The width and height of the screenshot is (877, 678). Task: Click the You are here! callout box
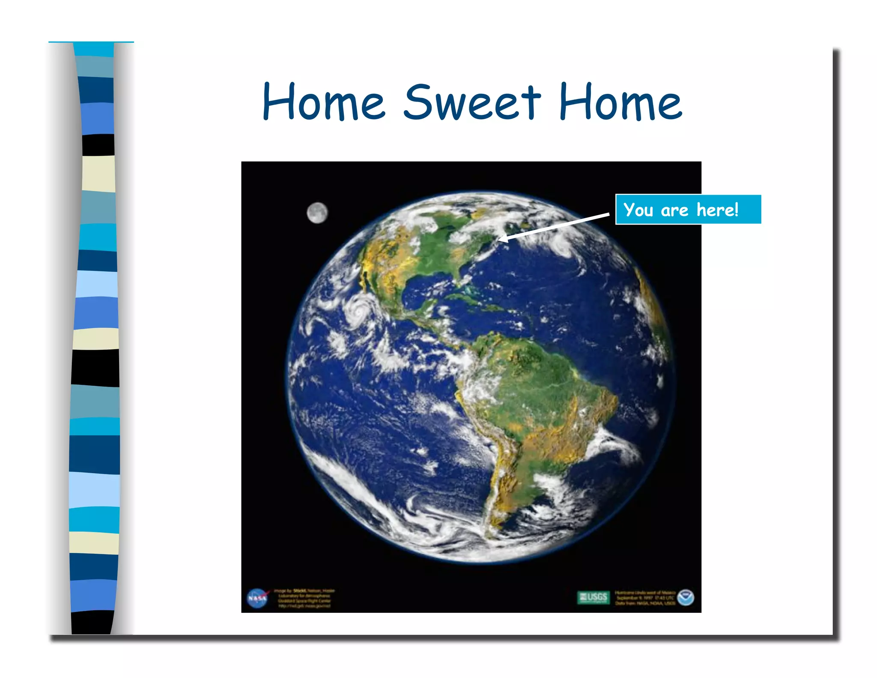(688, 209)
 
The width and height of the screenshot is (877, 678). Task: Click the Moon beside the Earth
(317, 213)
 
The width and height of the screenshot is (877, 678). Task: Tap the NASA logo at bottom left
(257, 598)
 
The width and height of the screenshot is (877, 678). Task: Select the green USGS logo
(593, 597)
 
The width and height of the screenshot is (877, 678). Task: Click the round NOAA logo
(686, 597)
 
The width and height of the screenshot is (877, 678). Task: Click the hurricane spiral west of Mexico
(358, 309)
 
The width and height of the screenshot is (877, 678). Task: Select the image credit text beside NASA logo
(304, 598)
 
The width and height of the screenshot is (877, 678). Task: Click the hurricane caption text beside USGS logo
(645, 598)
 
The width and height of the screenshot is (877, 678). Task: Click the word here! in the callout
(717, 210)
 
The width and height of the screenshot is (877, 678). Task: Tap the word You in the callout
(638, 210)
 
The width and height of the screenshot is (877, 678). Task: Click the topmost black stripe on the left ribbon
(98, 145)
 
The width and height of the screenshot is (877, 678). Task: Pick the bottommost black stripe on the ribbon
(92, 622)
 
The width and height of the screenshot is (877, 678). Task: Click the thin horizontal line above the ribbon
(91, 42)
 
